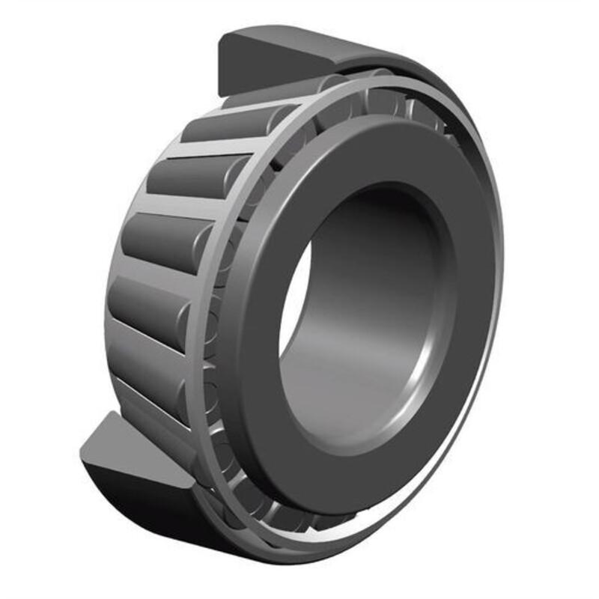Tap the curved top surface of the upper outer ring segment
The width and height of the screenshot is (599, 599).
click(337, 49)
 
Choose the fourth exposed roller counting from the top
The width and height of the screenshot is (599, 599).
click(146, 307)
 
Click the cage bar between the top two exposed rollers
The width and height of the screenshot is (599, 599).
click(213, 149)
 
